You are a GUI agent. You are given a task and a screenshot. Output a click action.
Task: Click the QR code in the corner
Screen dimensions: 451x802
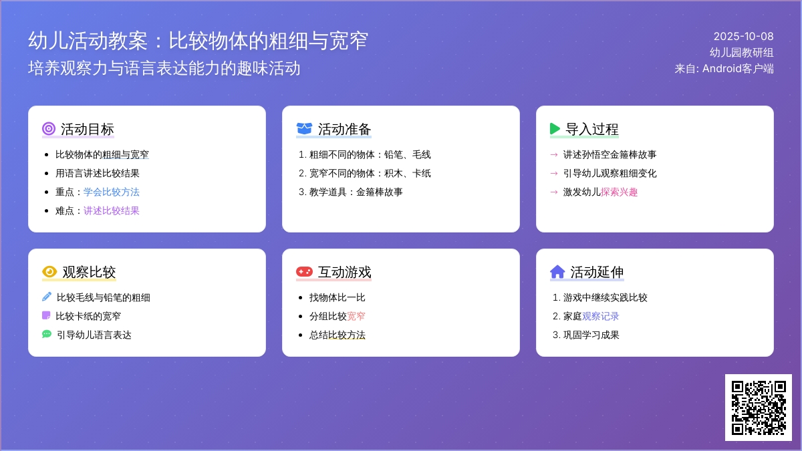pyautogui.click(x=758, y=407)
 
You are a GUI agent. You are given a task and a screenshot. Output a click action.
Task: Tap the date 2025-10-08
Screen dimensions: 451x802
pyautogui.click(x=743, y=36)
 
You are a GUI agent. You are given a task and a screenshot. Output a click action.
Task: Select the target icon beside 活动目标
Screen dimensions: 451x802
pyautogui.click(x=49, y=129)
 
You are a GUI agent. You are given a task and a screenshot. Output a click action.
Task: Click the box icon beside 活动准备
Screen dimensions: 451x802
pyautogui.click(x=304, y=129)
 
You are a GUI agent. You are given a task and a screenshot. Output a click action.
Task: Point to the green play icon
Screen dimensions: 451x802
pyautogui.click(x=555, y=129)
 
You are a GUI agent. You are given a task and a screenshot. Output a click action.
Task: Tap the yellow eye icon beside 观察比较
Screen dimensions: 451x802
pyautogui.click(x=49, y=272)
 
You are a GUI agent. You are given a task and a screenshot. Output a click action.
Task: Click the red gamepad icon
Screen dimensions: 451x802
pyautogui.click(x=304, y=272)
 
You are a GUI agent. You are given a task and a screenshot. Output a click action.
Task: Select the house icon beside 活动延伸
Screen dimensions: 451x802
pyautogui.click(x=557, y=272)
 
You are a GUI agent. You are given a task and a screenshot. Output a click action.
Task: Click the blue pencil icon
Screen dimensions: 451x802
pyautogui.click(x=47, y=297)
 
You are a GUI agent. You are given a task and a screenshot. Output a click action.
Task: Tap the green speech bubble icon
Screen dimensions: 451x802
pyautogui.click(x=47, y=334)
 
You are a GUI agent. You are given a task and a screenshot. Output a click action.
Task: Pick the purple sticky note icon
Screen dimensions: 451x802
pyautogui.click(x=46, y=315)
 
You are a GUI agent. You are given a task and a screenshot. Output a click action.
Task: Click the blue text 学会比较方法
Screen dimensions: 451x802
pyautogui.click(x=112, y=192)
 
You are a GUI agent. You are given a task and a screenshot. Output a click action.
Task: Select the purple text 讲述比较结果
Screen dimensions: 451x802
pyautogui.click(x=112, y=210)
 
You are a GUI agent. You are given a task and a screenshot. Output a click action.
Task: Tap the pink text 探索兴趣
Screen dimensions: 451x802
pyautogui.click(x=620, y=192)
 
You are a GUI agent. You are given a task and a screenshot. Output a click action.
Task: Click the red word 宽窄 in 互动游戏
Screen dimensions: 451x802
pyautogui.click(x=356, y=316)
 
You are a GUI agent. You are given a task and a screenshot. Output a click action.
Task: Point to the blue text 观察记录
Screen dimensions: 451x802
pyautogui.click(x=601, y=316)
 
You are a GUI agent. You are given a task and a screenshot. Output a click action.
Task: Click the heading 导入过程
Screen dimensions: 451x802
pyautogui.click(x=592, y=129)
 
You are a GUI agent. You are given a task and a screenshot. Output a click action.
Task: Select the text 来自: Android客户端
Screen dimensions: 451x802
pyautogui.click(x=724, y=68)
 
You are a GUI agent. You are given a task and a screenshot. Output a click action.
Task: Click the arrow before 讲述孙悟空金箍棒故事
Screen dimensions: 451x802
pyautogui.click(x=553, y=154)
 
